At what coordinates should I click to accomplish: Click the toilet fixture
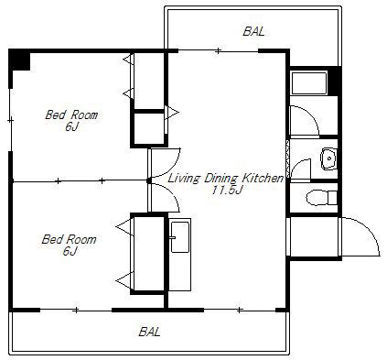point(321,198)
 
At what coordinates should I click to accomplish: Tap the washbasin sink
point(328,158)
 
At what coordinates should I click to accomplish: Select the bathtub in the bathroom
point(309,82)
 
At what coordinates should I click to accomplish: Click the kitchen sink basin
point(180,237)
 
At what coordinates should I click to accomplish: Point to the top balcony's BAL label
point(253,31)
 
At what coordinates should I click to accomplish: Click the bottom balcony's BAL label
point(149,332)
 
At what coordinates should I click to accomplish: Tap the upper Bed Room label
point(71,115)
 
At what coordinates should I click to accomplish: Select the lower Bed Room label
point(69,239)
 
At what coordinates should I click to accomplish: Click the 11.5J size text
point(227,191)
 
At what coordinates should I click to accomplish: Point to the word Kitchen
point(263,178)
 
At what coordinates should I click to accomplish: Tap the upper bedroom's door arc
point(173,167)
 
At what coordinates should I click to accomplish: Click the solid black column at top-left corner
point(19,60)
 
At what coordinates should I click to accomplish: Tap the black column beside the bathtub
point(334,81)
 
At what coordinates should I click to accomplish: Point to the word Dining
point(221,179)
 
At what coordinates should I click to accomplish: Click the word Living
point(185,179)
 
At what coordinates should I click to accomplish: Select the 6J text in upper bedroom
point(71,127)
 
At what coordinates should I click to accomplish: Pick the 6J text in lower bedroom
point(70,251)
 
